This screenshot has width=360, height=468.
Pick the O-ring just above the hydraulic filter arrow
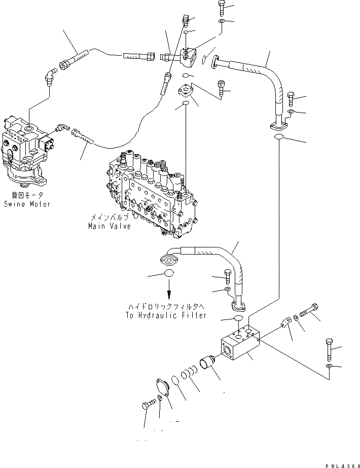pyautogui.click(x=168, y=274)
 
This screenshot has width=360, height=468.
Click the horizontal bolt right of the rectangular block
pyautogui.click(x=308, y=310)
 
